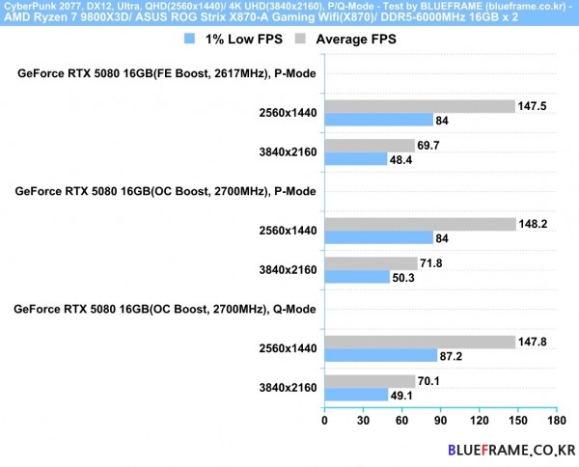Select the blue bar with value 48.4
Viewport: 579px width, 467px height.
pos(356,158)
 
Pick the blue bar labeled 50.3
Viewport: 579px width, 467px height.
pos(357,276)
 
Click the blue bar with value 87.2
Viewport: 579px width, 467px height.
pos(381,355)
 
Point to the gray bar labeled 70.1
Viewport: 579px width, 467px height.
pos(370,380)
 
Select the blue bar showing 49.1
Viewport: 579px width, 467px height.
pos(356,394)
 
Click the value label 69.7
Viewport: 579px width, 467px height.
pos(429,145)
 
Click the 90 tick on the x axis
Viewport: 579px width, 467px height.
pos(441,421)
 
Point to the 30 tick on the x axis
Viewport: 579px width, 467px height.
pos(364,421)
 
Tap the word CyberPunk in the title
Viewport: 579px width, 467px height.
pos(31,8)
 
